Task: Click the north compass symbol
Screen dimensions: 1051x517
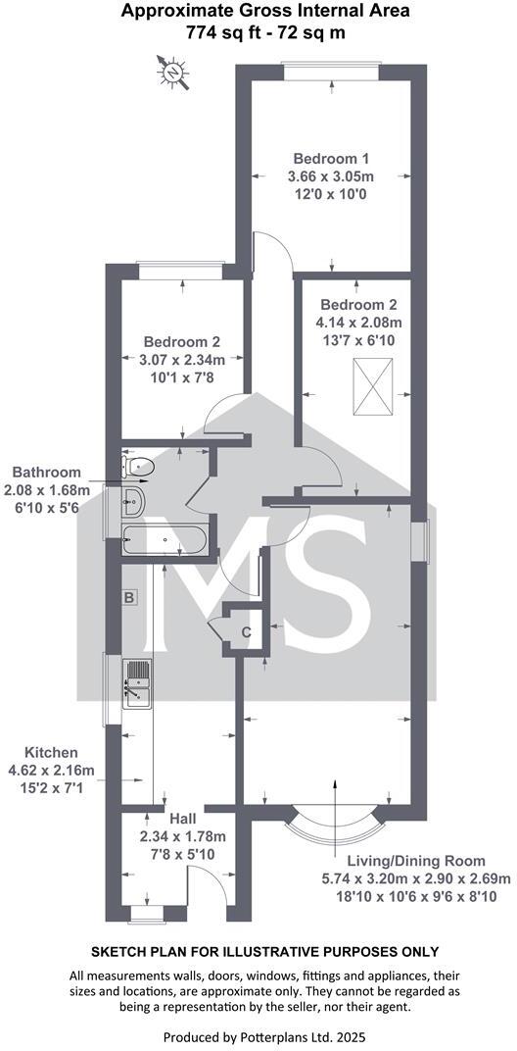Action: tap(173, 71)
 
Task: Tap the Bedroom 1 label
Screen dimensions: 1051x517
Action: tap(331, 158)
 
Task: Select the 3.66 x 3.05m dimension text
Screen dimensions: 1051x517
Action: tap(331, 176)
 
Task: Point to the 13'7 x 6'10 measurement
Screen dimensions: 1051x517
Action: tap(358, 338)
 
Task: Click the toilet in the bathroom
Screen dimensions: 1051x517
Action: tap(136, 466)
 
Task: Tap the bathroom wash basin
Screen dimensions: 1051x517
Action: tap(133, 502)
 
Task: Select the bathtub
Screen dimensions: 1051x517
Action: tap(164, 538)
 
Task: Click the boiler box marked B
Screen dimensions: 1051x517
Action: tap(127, 596)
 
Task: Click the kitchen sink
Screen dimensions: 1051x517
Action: tap(136, 682)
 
